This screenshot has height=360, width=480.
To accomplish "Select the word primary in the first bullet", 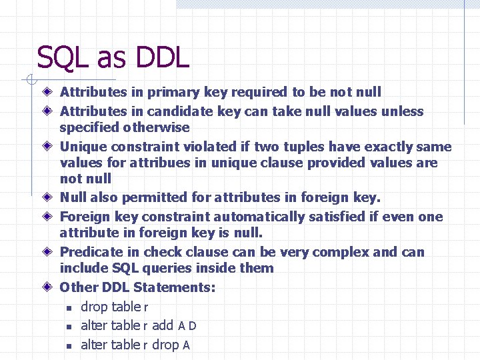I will pos(172,92).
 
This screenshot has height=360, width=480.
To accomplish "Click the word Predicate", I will pos(91,252).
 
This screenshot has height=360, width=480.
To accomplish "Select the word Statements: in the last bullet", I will pos(174,287).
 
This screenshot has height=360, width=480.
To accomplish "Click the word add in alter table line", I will pos(163,325).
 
